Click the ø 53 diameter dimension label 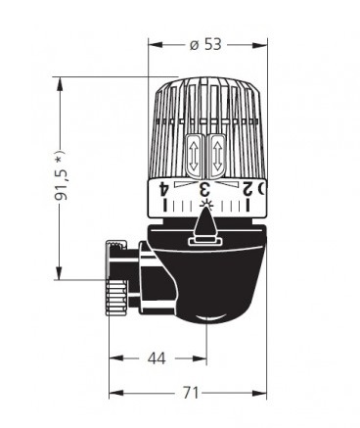click(205, 44)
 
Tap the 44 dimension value click(157, 358)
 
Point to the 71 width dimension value click(191, 393)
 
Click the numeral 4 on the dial click(164, 189)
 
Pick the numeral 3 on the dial click(204, 189)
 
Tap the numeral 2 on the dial click(247, 189)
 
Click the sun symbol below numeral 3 click(206, 205)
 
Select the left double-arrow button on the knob click(195, 157)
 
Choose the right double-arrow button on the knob click(217, 157)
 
